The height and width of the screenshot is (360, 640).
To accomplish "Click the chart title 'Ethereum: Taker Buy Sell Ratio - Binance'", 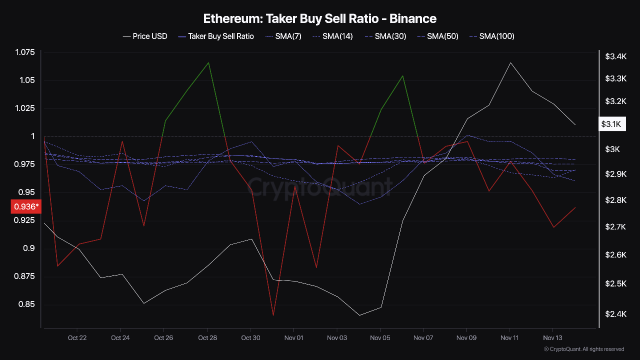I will coord(319,19).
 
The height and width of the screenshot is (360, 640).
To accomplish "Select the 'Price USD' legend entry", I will coord(145,36).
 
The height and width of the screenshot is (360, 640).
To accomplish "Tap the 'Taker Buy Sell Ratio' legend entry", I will coord(216,36).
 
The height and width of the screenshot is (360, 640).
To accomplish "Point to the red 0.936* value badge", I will coord(25,206).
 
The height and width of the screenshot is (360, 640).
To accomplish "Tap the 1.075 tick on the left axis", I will coord(25,52).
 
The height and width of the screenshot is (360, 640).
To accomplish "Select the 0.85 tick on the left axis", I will coord(27,304).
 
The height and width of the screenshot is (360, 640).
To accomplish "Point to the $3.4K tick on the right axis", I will coord(616,56).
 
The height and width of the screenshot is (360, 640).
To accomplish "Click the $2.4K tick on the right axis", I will coord(616,314).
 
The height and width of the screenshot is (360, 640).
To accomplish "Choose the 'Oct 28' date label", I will coord(207,338).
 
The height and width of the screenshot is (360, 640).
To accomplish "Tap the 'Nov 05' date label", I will coord(380,338).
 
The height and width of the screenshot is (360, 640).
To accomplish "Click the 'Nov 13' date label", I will coord(552,338).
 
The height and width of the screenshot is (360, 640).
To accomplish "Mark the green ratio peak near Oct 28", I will coord(208,62).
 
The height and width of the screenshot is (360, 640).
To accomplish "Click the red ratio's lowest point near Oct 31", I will coord(273,315).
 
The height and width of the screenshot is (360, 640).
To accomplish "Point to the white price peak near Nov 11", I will coord(510,62).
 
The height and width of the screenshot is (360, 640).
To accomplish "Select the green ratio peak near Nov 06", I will coord(403,75).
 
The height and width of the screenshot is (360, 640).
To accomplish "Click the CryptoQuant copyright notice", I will coord(583,349).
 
